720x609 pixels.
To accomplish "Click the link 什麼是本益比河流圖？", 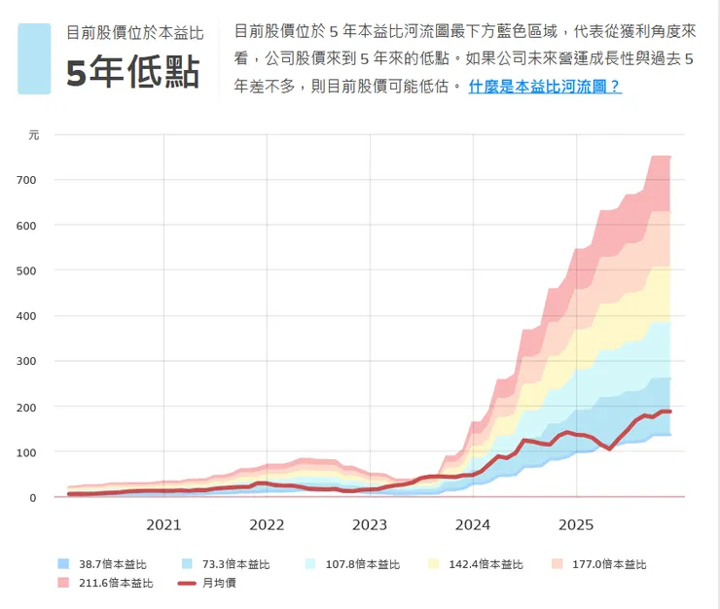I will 545,87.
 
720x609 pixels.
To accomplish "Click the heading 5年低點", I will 132,73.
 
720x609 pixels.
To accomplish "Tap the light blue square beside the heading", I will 34,58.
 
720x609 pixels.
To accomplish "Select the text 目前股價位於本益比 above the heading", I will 134,32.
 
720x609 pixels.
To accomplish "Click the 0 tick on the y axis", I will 59,498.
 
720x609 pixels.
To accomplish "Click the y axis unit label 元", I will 34,135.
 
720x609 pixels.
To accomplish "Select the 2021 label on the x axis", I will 163,525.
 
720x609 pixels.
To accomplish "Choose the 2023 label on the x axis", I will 370,525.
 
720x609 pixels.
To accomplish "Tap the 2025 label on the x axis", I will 576,525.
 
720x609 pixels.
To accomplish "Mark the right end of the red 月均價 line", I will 670,412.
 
